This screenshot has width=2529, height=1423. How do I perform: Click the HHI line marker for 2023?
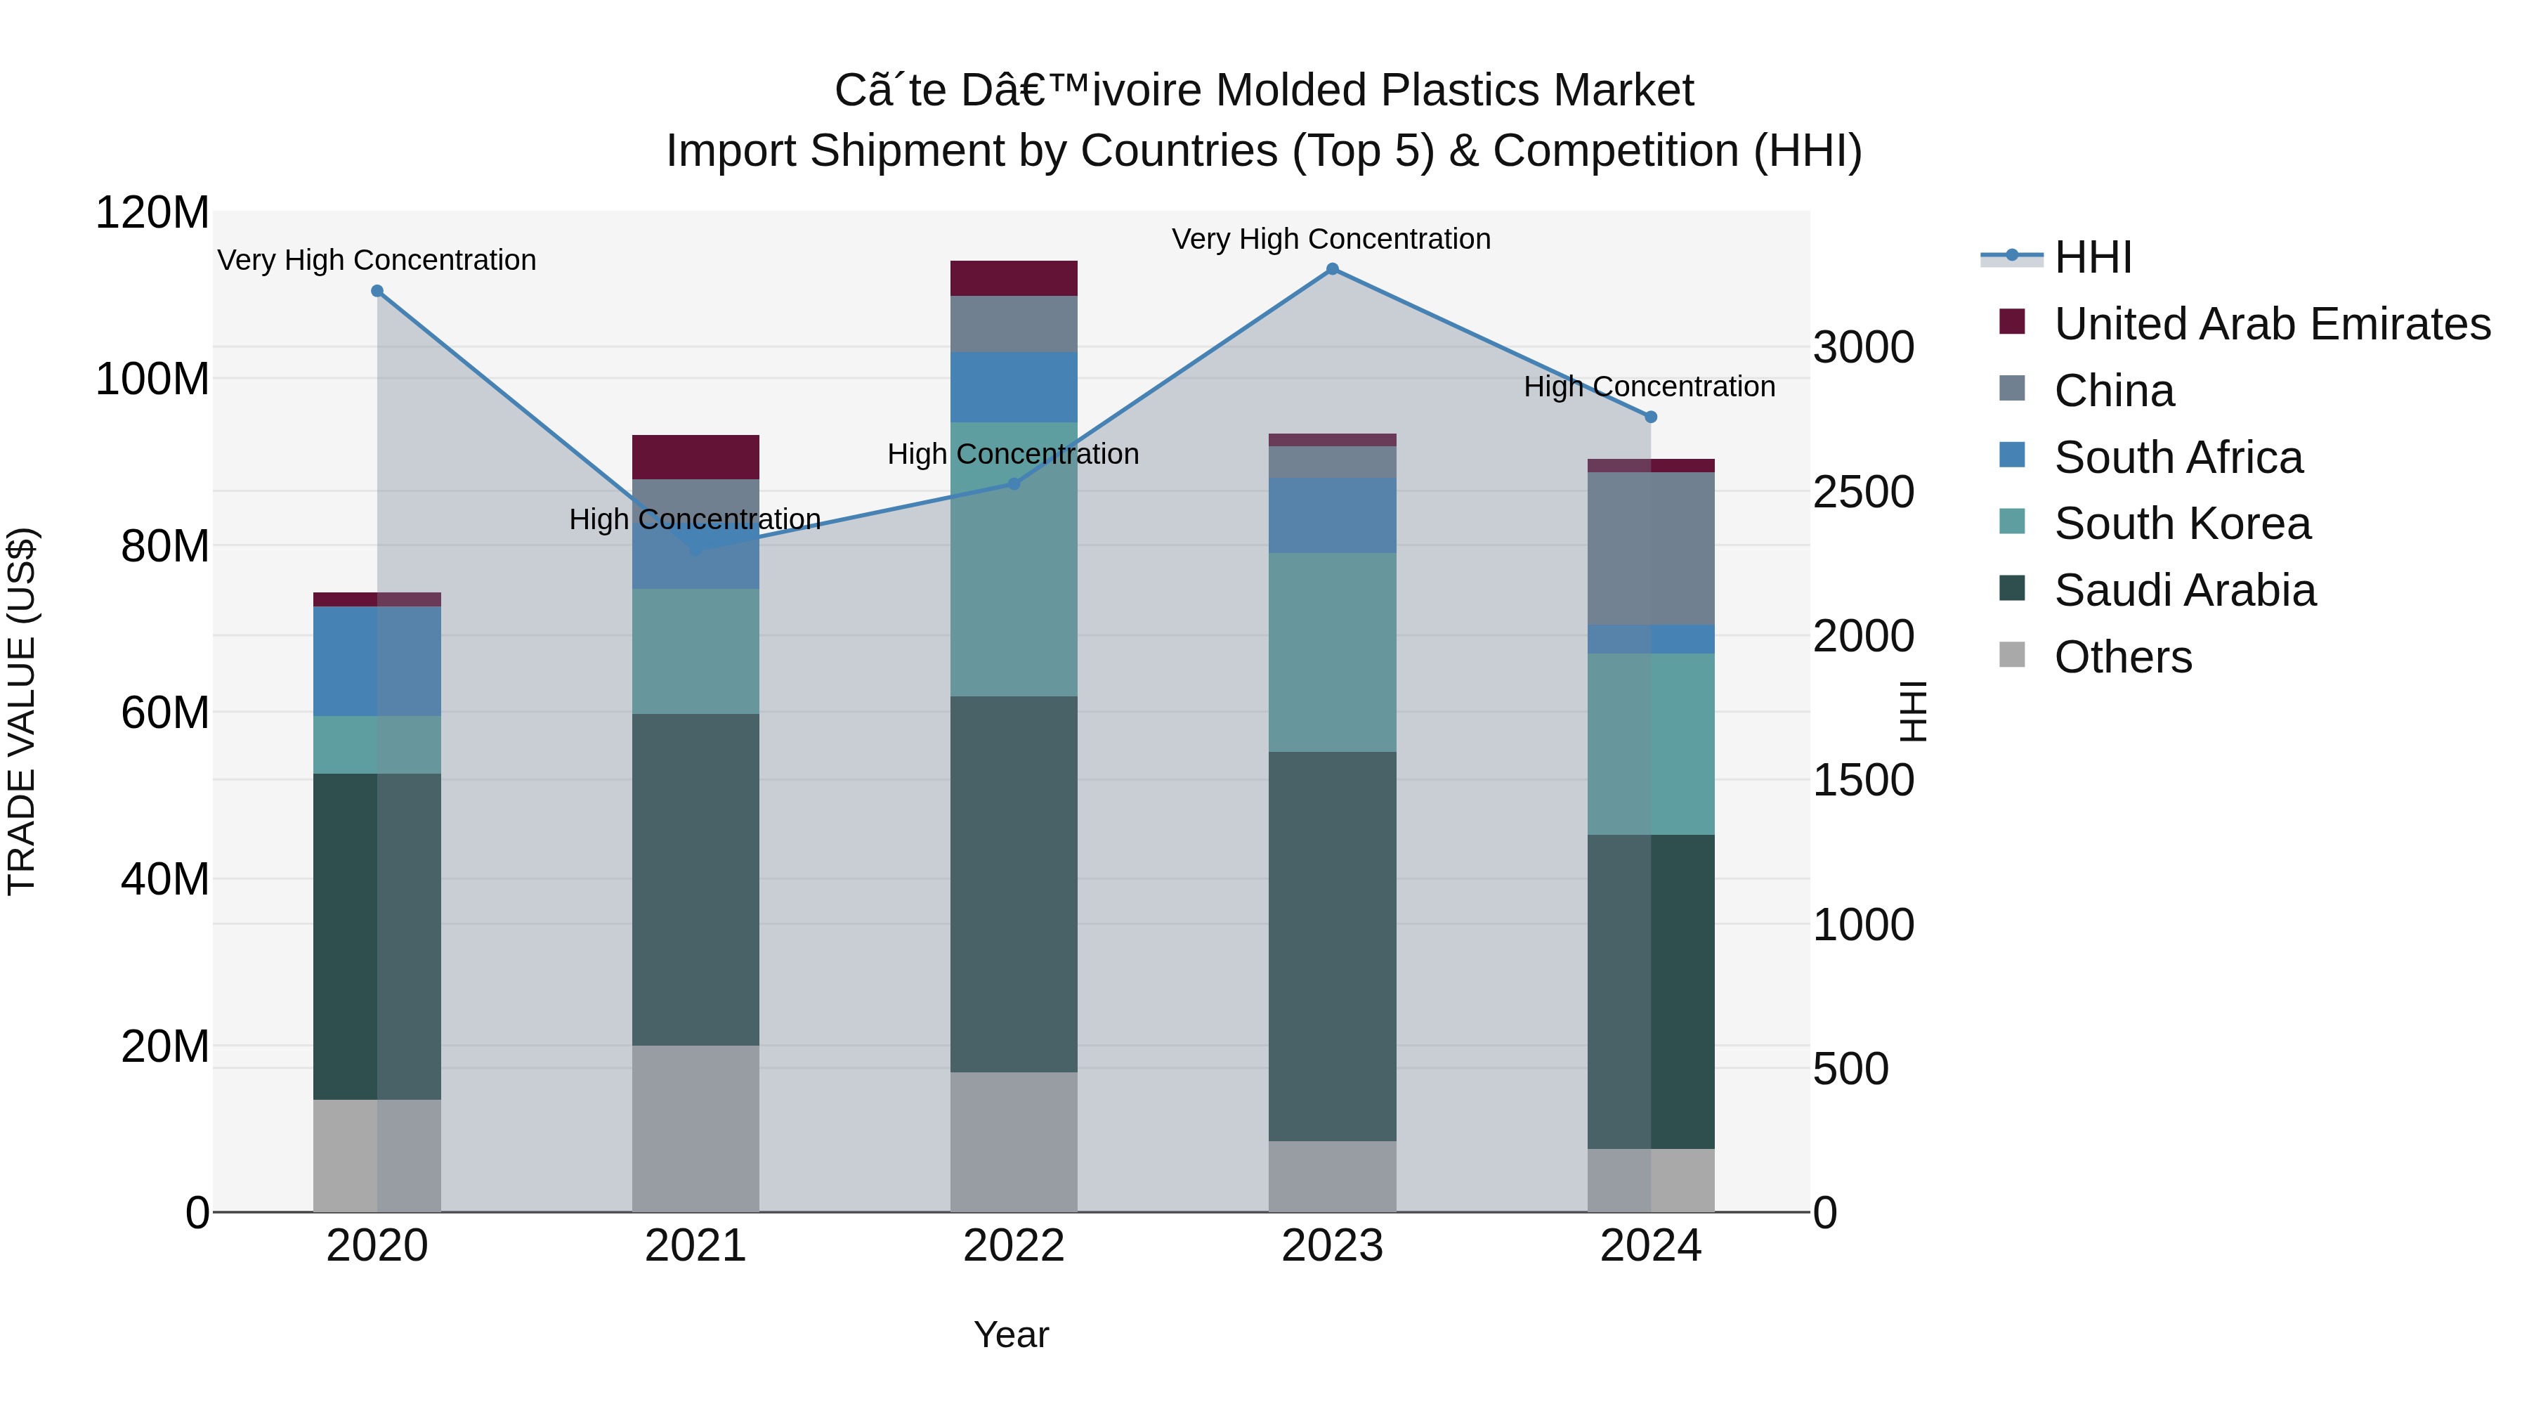click(1332, 269)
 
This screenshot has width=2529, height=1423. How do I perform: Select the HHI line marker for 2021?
click(696, 549)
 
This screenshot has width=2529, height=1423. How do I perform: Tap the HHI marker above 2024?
click(1650, 417)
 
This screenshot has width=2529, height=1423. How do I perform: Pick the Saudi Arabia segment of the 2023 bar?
click(1332, 946)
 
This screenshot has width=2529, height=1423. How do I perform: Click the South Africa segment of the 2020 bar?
click(377, 661)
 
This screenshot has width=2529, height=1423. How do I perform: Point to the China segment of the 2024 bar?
click(1650, 548)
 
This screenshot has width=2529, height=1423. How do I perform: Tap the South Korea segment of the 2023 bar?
click(1332, 652)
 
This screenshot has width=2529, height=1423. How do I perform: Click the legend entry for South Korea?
click(2181, 524)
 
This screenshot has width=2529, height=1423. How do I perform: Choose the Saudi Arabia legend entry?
click(2184, 590)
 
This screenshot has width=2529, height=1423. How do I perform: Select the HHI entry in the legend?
click(2091, 257)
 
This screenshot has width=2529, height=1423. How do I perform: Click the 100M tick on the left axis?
click(152, 379)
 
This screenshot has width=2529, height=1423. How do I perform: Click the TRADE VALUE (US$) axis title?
click(22, 711)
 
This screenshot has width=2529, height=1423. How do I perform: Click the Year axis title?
click(1011, 1334)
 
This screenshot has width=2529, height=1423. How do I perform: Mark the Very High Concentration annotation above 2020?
click(377, 260)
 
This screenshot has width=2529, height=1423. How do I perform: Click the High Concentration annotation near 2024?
click(1649, 387)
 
